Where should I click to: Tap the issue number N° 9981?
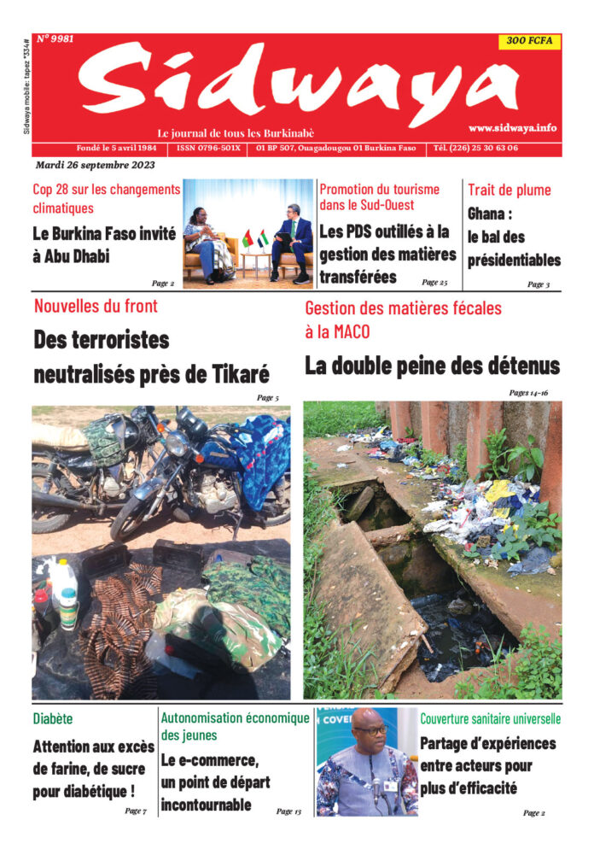[56, 39]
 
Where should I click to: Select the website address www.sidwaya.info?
[512, 127]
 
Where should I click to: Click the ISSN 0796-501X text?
[208, 148]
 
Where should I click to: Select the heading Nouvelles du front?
[96, 306]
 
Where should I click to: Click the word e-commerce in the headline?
[217, 760]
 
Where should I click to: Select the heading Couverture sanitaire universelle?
[490, 718]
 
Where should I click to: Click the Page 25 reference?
[434, 281]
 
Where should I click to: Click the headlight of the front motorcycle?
[177, 444]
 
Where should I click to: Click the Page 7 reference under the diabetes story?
[135, 810]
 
